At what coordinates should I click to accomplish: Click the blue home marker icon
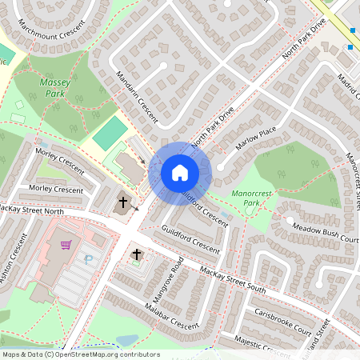[x=180, y=172]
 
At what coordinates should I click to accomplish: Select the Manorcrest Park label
[x=253, y=198]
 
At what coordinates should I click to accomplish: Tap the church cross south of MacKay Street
[x=137, y=255]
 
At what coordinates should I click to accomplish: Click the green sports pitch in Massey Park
[x=110, y=132]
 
